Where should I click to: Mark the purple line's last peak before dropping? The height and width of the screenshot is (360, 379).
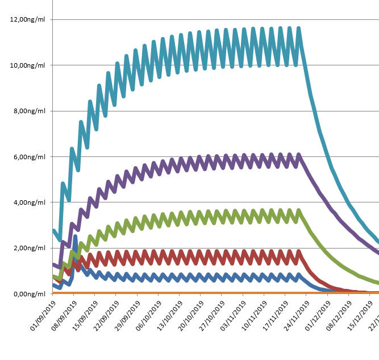299,154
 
